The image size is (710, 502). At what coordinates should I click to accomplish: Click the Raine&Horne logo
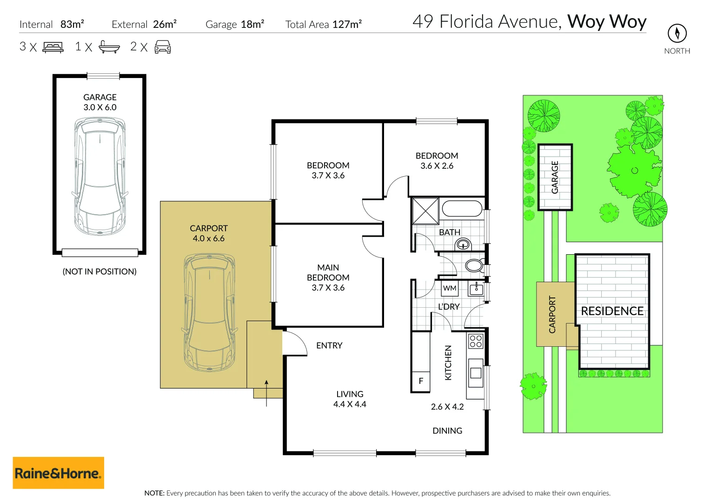(58, 473)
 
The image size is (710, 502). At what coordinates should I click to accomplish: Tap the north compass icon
(677, 33)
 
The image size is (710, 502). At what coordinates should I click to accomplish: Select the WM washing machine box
(450, 288)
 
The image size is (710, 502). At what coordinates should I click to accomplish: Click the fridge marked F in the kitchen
(421, 381)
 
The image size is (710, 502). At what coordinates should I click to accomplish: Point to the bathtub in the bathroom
(462, 209)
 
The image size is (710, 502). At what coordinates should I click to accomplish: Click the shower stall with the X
(425, 211)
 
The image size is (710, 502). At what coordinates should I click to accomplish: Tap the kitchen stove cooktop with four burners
(476, 341)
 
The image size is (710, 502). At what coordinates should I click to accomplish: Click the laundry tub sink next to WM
(476, 288)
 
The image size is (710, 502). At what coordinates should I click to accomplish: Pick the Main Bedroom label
(328, 277)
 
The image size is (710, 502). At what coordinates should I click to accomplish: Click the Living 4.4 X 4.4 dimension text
(350, 404)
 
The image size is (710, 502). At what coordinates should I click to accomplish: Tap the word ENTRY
(329, 345)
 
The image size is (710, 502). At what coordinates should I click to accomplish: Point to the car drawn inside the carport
(209, 312)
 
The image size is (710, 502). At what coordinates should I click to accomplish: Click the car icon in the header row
(163, 47)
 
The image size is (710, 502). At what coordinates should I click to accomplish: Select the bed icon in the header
(53, 47)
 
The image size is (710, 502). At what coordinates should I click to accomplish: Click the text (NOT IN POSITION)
(100, 271)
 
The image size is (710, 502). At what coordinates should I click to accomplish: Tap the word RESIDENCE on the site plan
(612, 311)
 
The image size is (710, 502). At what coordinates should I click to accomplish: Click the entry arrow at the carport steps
(266, 393)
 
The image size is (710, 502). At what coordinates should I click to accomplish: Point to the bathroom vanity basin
(464, 244)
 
